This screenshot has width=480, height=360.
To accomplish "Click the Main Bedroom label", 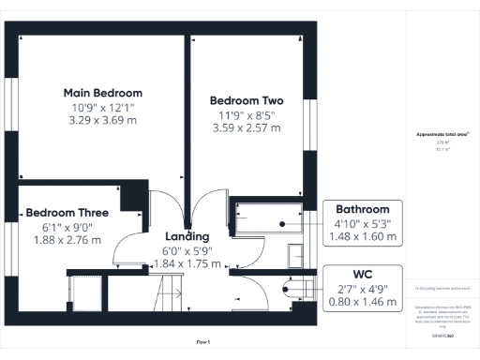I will (x=102, y=93).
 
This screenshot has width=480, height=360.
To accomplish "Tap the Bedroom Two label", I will (x=247, y=100).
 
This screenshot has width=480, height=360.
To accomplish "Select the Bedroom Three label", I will (x=67, y=213).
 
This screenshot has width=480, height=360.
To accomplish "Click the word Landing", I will (x=187, y=236).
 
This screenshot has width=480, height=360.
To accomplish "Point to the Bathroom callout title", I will (x=362, y=208).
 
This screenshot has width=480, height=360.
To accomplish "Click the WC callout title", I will (x=363, y=275).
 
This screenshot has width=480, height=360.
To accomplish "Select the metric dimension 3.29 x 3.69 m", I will (x=102, y=121).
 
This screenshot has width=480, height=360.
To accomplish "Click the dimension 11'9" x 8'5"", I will (x=247, y=114).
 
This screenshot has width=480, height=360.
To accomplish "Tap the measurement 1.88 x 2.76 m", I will (x=67, y=241).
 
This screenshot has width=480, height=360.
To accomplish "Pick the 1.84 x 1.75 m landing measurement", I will (x=187, y=264).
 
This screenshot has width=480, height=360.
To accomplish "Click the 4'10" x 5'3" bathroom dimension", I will (x=362, y=223).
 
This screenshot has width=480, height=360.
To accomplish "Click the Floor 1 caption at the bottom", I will (x=203, y=341).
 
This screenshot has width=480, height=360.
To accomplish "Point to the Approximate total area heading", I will (x=442, y=135).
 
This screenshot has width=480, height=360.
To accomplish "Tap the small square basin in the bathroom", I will (x=295, y=252).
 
